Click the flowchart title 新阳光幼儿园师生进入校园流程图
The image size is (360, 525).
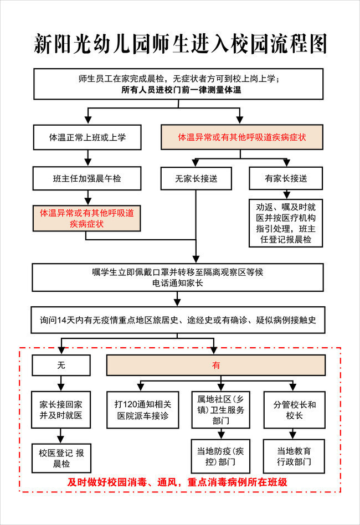point(180,44)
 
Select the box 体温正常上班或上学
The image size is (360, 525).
point(87,137)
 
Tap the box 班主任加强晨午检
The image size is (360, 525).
point(87,178)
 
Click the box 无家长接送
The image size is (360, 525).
point(196,178)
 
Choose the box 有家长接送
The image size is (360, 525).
point(286,178)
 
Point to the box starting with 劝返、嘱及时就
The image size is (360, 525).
point(286,223)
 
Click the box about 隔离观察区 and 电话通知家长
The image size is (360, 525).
point(177,277)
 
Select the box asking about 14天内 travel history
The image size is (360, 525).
point(178,320)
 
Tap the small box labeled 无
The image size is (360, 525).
point(61,365)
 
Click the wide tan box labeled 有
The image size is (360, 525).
point(216,365)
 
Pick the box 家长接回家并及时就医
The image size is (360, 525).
point(61,410)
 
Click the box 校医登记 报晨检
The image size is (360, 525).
point(61,458)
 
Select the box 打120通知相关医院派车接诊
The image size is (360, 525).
point(143,410)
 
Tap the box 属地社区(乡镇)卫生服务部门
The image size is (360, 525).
point(220,410)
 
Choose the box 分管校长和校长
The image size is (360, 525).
point(294,410)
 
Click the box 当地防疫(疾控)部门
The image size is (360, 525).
point(220,456)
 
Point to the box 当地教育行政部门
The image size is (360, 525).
point(294,456)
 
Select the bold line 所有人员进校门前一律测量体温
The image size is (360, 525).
point(181,90)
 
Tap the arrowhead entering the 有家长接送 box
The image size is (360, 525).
point(286,163)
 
